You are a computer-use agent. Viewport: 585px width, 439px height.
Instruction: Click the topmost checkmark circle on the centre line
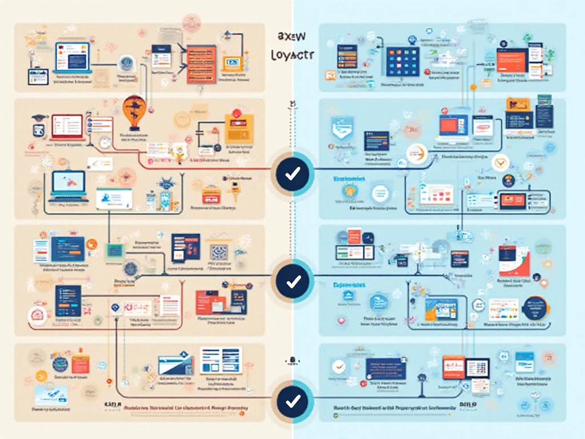(x=292, y=173)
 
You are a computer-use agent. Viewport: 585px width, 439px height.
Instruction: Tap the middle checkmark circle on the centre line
(x=292, y=281)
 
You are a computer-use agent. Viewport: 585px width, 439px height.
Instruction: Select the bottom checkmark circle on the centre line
(x=292, y=400)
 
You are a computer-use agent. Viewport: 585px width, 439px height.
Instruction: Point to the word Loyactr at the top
(x=290, y=55)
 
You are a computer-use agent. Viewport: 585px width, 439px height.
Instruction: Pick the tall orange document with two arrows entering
(x=201, y=63)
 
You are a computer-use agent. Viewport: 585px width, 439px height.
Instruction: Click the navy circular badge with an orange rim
(x=535, y=310)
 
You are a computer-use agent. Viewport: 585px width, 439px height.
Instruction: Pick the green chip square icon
(x=113, y=250)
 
